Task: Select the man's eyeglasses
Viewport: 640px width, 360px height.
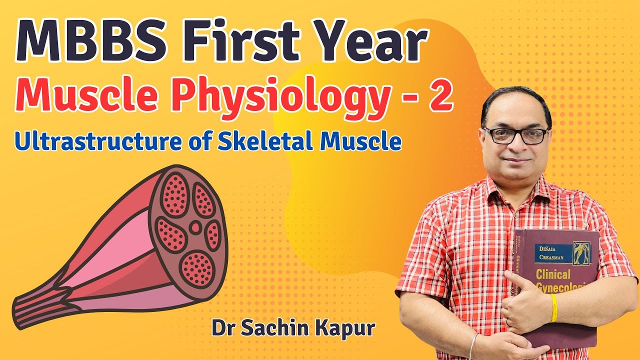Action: pos(515,135)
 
